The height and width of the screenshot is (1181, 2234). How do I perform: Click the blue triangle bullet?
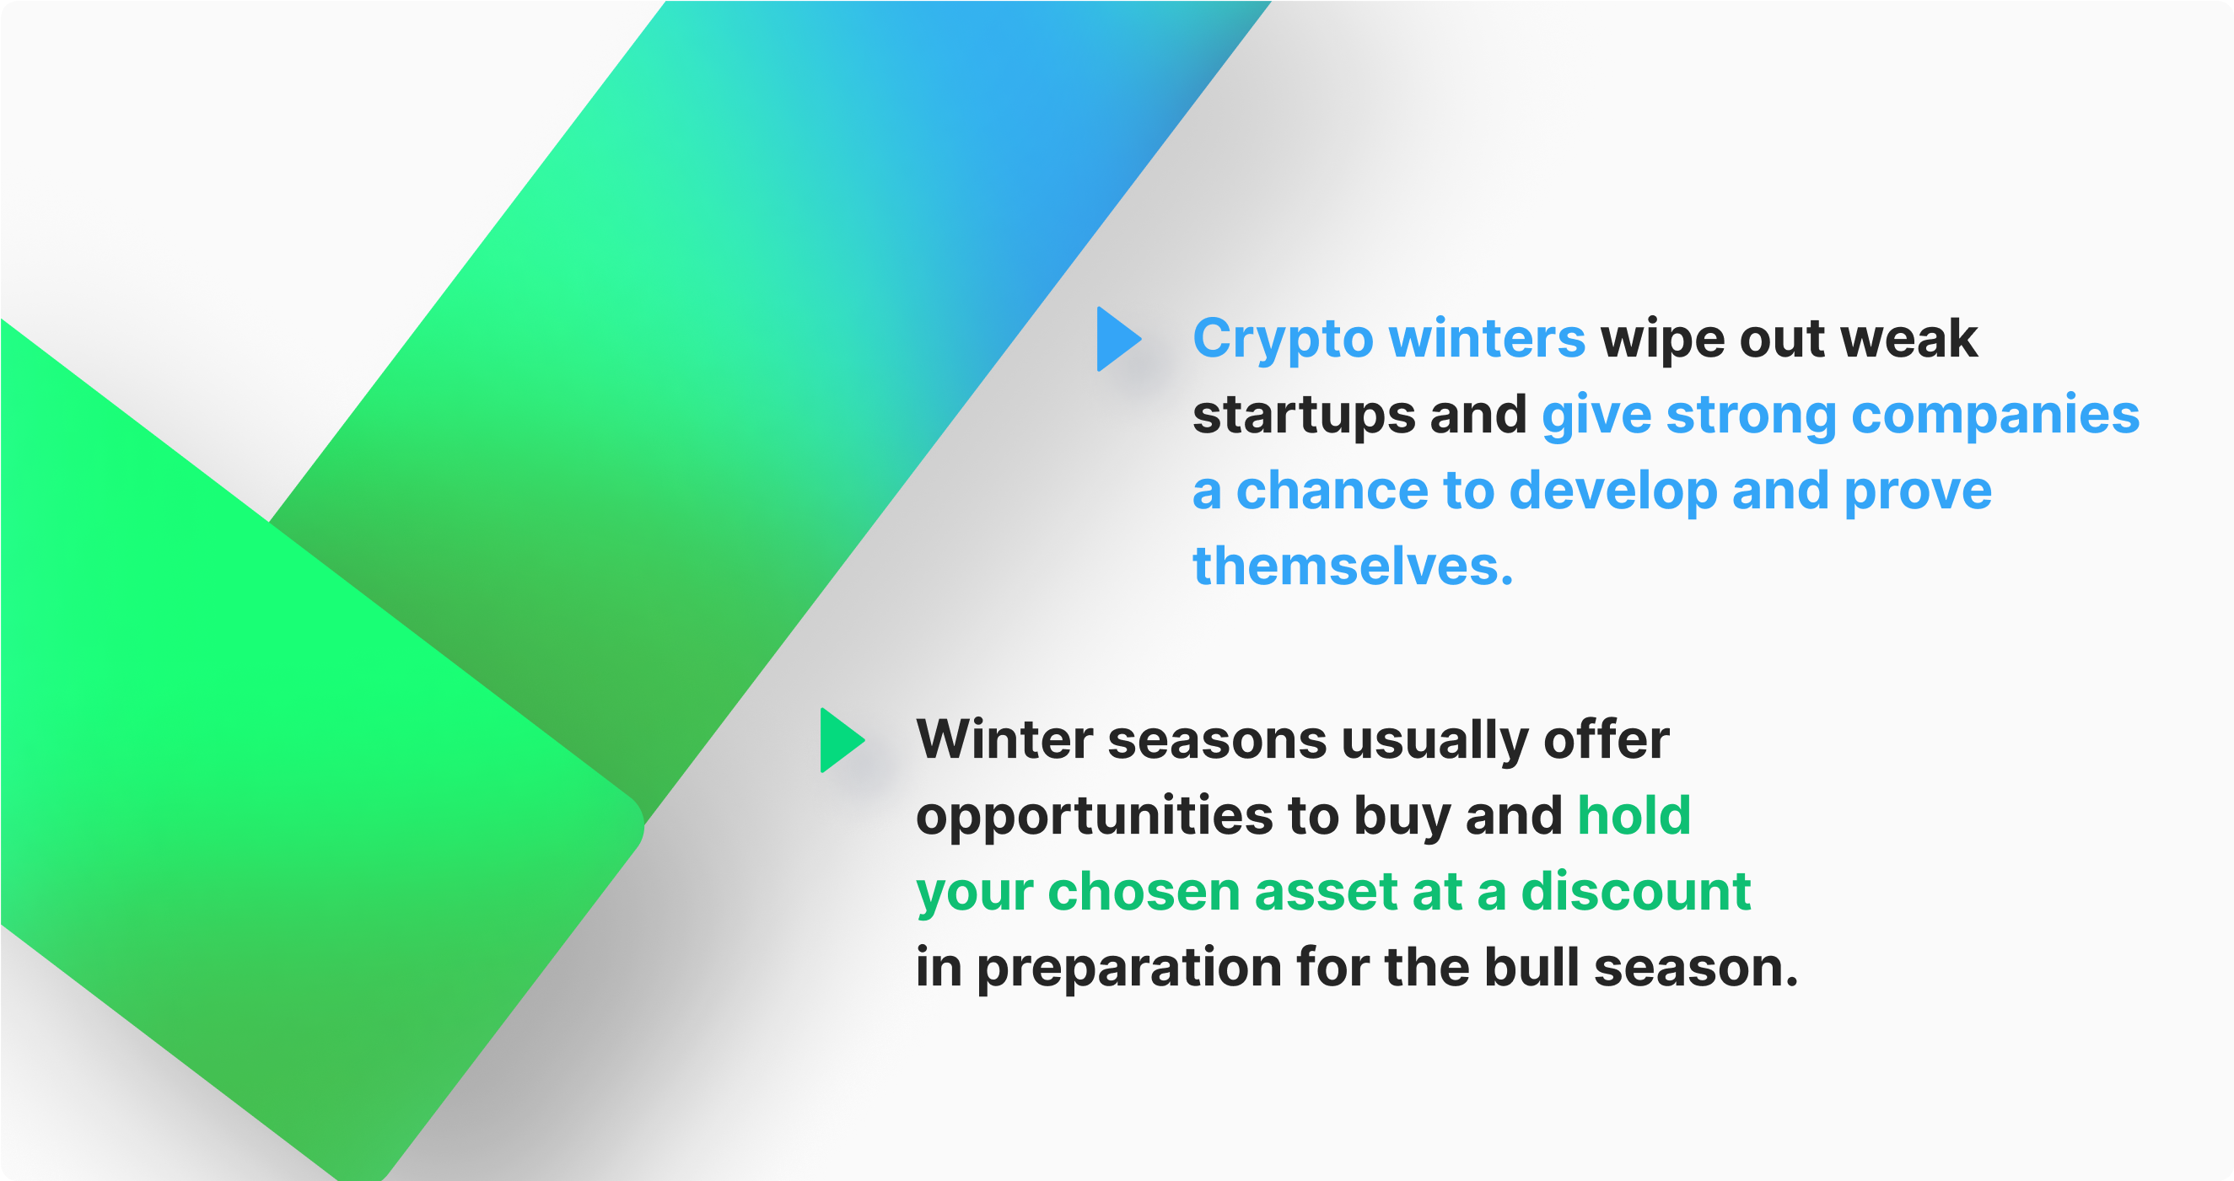[x=1117, y=339]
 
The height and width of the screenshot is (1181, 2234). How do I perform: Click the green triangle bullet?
[x=840, y=740]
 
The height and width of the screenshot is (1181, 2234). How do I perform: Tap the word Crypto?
[x=1283, y=339]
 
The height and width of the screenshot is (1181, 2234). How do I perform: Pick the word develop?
[x=1613, y=491]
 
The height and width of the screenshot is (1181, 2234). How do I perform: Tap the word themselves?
[x=1352, y=566]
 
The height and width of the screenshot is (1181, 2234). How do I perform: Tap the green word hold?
[x=1634, y=815]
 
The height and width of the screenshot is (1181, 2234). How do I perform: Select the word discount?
[x=1635, y=891]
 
